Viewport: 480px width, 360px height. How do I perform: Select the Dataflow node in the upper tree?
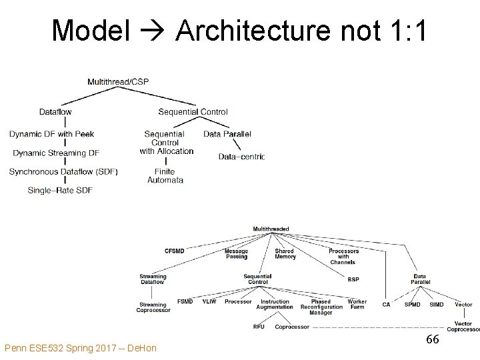[x=55, y=112]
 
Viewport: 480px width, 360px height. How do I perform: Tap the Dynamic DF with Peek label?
[x=52, y=134]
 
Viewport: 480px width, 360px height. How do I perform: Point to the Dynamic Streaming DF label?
[x=56, y=153]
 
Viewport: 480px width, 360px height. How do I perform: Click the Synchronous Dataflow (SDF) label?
[x=63, y=171]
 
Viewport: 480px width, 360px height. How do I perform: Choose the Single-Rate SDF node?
[x=60, y=190]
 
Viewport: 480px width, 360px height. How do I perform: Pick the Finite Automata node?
[x=165, y=176]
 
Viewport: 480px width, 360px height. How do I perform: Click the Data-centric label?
[x=241, y=157]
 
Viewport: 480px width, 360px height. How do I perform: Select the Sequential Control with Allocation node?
[x=166, y=143]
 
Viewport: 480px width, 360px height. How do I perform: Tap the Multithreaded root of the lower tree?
[x=271, y=229]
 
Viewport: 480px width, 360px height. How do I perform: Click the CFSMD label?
[x=175, y=251]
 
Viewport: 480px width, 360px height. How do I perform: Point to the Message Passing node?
[x=236, y=254]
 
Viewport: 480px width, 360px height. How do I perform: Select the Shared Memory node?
[x=285, y=254]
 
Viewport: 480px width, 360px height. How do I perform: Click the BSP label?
[x=353, y=279]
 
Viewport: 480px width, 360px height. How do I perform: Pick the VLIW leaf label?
[x=209, y=302]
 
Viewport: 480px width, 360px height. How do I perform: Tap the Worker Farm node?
[x=357, y=305]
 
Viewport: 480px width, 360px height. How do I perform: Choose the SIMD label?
[x=437, y=305]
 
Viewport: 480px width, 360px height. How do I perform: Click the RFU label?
[x=259, y=327]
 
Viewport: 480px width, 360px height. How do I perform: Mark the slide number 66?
[x=433, y=340]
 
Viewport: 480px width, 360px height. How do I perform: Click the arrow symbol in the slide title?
[x=153, y=31]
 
